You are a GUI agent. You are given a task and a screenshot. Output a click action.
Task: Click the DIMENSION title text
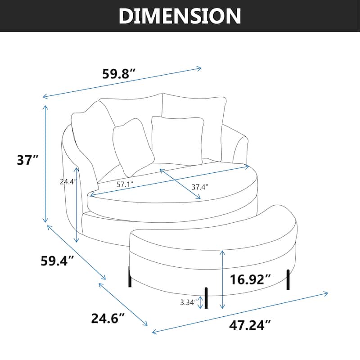tap(180, 16)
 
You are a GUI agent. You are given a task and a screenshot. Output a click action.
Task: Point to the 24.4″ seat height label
tap(68, 182)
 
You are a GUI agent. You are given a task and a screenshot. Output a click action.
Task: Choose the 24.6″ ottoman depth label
tap(108, 319)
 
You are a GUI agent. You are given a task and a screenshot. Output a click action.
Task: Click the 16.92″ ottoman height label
tap(251, 280)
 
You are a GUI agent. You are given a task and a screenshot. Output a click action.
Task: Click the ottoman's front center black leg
tap(207, 298)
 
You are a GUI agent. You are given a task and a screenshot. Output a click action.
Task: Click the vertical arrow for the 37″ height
tap(45, 164)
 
